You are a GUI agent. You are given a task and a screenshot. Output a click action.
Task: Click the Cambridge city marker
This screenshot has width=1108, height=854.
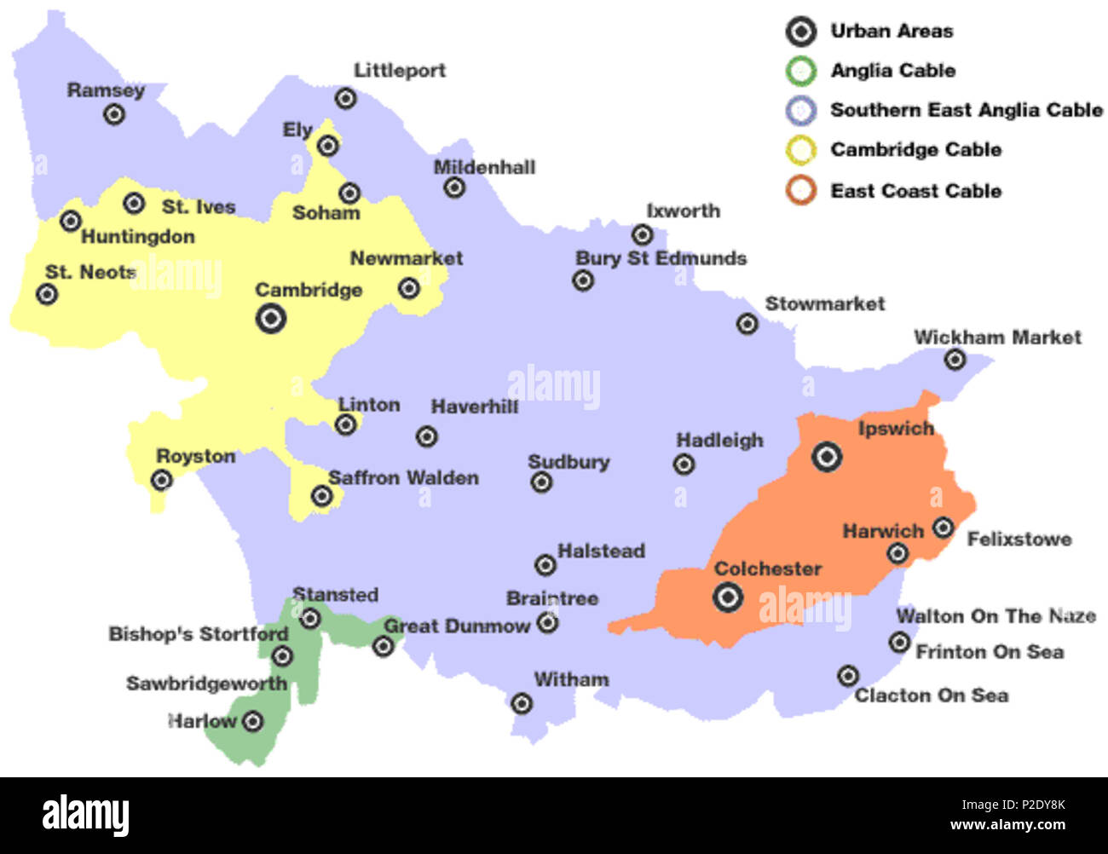pos(270,319)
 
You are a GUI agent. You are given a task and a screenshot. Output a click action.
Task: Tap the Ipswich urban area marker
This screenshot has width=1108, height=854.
pos(826,457)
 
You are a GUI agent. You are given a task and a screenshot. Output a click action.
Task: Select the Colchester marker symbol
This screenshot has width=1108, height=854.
pos(727,597)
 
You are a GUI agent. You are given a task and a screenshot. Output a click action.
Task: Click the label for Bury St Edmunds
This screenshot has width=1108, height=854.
pos(661,258)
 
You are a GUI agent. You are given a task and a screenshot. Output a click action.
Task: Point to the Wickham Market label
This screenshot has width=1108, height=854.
pos(997,338)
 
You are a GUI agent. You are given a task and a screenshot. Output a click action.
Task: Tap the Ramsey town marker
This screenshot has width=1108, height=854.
pos(113,114)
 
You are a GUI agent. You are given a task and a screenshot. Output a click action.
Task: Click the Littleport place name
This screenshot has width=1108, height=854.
pos(400,71)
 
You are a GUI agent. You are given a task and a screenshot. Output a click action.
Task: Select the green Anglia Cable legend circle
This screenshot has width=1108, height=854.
pos(800,71)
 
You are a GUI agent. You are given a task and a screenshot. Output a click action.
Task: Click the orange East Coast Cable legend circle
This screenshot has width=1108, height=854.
pos(800,190)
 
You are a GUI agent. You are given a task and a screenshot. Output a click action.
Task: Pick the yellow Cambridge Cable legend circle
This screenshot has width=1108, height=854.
pos(800,150)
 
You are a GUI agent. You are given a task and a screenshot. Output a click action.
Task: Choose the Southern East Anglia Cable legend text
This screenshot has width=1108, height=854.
pos(966,110)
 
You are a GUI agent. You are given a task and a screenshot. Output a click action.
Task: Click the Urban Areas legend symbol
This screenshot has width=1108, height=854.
pos(800,32)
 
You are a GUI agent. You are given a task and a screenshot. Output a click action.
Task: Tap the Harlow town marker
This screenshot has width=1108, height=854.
pos(252,722)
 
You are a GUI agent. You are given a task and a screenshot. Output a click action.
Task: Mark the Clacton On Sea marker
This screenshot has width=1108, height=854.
pos(847,676)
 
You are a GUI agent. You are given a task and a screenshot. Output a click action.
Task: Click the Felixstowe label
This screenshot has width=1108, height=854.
pos(1019,540)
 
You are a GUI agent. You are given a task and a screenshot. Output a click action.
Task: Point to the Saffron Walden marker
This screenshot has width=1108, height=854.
pos(321,495)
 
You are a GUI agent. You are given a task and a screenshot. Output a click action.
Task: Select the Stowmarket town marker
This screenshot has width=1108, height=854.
pos(747,324)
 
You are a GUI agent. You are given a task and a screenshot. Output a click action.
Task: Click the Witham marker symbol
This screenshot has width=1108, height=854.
pos(522,703)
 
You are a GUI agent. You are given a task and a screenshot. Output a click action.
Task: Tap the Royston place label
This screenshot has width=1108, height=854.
pos(195,457)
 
